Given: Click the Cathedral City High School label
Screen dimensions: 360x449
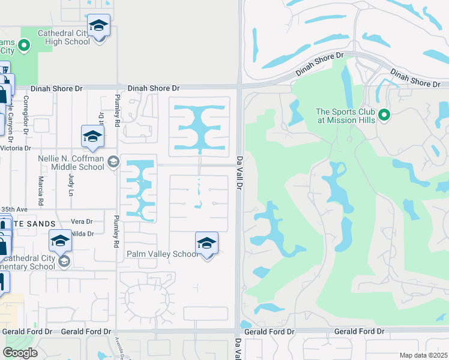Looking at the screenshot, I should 64,37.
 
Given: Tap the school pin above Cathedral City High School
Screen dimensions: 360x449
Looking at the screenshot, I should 99,26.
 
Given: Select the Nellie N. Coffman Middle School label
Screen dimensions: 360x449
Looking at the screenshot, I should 70,162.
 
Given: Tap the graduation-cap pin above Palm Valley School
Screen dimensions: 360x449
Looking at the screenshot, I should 206,243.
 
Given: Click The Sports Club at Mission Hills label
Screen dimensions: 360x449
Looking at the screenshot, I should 346,116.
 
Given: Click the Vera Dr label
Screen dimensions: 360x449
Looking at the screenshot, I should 82,221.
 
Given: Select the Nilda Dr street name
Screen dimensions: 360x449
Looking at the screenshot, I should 82,233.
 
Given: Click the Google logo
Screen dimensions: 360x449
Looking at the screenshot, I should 20,352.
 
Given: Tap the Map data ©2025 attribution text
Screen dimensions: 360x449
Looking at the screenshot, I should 424,355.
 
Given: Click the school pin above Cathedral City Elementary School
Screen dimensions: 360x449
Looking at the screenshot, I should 60,241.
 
